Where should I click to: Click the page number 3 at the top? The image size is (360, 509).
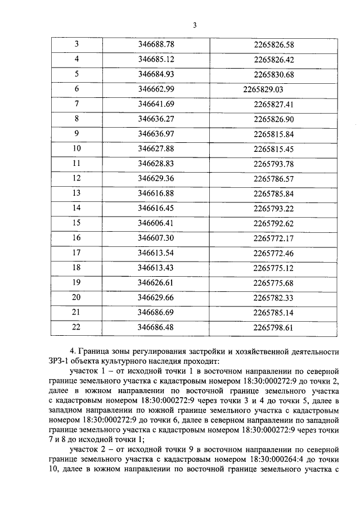(x=195, y=25)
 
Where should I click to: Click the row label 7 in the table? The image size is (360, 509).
(x=76, y=104)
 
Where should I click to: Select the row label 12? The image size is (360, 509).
(x=76, y=179)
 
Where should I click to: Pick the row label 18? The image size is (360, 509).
(x=76, y=268)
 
